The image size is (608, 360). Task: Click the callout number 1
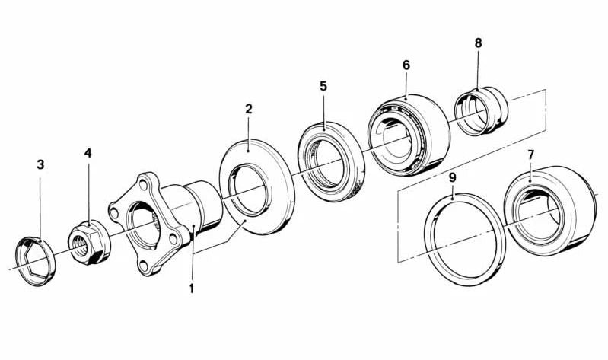coord(192,288)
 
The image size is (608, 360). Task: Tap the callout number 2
coord(248,109)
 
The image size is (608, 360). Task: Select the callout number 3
coord(40,164)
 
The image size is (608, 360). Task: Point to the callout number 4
coord(88,153)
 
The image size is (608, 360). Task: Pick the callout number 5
coord(323,86)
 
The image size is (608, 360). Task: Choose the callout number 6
coord(406,65)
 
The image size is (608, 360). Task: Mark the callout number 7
coord(530,155)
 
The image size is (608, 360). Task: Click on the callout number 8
coord(478,43)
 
